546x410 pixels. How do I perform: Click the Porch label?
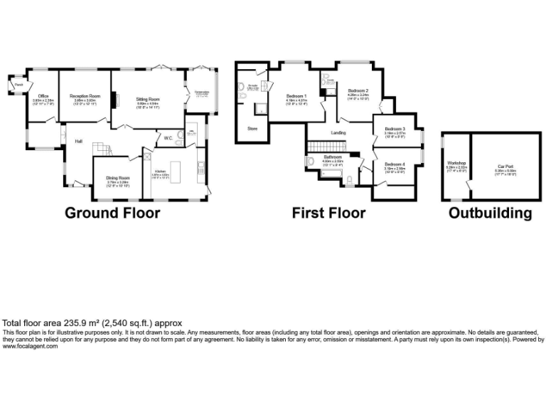[x=18, y=85]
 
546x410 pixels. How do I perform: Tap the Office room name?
[x=43, y=96]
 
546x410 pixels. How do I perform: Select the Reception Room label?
[x=85, y=95]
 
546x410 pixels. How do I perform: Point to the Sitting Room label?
[x=148, y=99]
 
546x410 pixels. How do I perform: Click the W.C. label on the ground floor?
[x=168, y=137]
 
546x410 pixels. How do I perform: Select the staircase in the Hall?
[x=103, y=149]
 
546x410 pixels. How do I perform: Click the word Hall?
[x=79, y=141]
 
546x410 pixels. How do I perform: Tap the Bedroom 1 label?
[x=296, y=95]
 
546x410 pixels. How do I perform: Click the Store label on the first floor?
[x=252, y=129]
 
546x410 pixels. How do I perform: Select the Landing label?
[x=338, y=133]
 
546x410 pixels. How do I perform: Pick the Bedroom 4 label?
[x=395, y=164]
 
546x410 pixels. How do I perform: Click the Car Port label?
[x=505, y=166]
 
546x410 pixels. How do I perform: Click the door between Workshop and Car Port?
[x=469, y=184]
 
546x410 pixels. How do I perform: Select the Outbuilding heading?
[x=490, y=213]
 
